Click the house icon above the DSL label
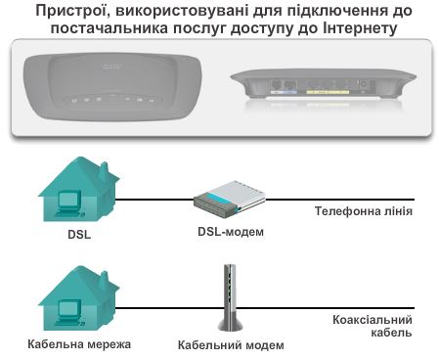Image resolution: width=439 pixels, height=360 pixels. [x=69, y=191]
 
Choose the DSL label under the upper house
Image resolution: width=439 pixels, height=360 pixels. [x=68, y=235]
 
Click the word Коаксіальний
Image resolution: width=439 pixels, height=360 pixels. [x=370, y=320]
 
